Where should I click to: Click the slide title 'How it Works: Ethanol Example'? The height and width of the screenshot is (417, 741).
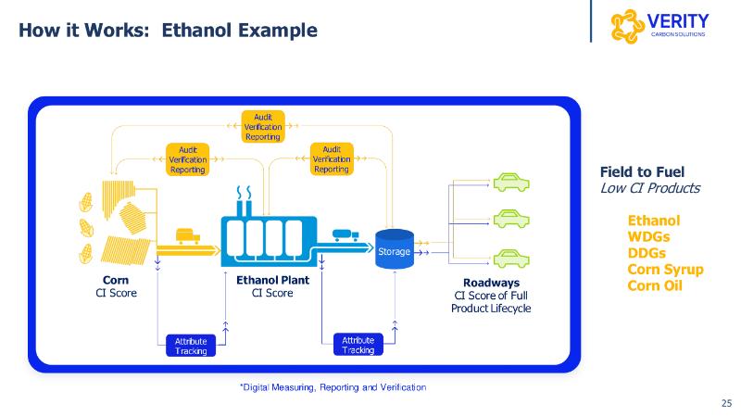[x=169, y=30]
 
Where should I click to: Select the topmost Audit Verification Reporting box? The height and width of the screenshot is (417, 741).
[x=263, y=126]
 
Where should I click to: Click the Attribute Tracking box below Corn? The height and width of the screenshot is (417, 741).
[x=192, y=346]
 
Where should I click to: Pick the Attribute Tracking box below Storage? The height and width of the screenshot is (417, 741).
[x=358, y=345]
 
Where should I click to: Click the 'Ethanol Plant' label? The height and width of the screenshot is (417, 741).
[x=272, y=279]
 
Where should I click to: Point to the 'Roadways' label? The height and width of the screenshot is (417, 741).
[x=491, y=282]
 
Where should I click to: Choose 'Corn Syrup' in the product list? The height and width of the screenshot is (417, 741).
[x=665, y=270]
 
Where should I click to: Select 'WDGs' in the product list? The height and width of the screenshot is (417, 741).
[x=648, y=236]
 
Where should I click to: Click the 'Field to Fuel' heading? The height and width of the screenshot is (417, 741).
[x=642, y=171]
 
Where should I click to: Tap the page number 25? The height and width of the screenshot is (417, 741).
[x=726, y=403]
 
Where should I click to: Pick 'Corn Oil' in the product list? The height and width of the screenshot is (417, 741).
[x=655, y=286]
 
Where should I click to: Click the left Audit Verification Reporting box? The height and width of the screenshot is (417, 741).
[x=188, y=159]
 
